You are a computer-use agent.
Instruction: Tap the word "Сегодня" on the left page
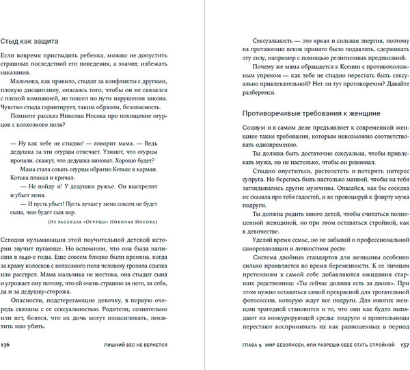[16, 241]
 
